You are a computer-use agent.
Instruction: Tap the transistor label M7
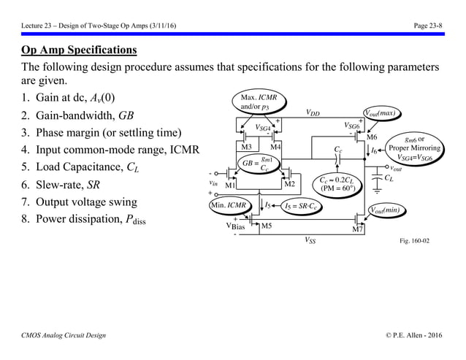tap(357, 231)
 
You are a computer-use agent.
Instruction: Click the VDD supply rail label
tap(313, 113)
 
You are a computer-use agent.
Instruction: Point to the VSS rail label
tap(310, 240)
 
